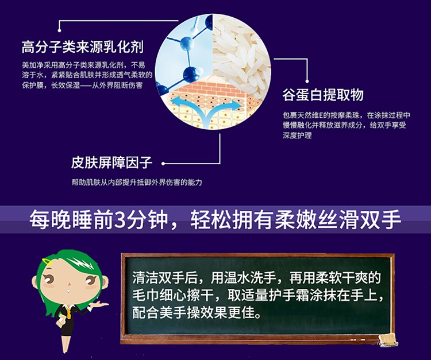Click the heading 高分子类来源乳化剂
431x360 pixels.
coord(82,47)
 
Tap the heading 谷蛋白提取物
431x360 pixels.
coord(323,95)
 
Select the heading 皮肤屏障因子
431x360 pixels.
coord(111,162)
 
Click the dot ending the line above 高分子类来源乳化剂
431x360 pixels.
coord(59,30)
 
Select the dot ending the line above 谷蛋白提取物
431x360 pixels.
coord(307,81)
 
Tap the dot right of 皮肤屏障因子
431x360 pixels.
coord(163,164)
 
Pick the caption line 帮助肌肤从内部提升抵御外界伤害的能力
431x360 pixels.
coord(137,182)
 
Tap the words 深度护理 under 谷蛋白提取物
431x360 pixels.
coord(297,135)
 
